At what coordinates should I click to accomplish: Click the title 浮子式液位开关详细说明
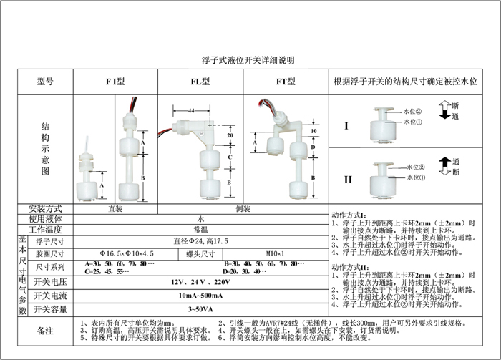click(x=248, y=60)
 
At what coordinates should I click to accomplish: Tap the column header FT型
click(x=286, y=82)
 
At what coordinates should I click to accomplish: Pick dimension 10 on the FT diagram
click(x=313, y=132)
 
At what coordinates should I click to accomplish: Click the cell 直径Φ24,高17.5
click(x=200, y=242)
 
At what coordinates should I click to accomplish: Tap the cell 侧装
click(x=243, y=209)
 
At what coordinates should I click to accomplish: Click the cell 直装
click(x=115, y=209)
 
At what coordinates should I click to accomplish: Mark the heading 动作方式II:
click(x=350, y=266)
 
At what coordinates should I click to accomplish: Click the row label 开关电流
click(x=50, y=296)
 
